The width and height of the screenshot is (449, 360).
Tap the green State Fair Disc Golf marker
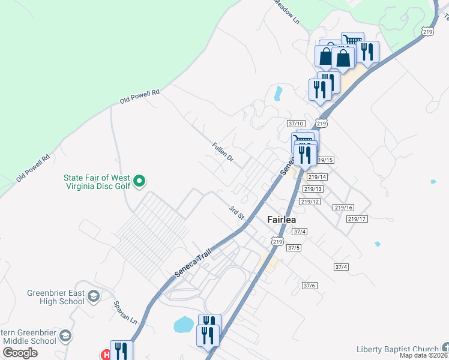139,180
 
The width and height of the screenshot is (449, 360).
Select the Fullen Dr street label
222,154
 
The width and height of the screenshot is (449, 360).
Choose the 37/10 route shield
296,124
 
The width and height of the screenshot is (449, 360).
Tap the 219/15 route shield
324,160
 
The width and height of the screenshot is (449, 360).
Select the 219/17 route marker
357,219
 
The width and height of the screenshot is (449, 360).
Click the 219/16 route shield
343,208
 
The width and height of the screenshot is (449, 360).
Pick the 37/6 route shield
310,286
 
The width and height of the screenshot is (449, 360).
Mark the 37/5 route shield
294,247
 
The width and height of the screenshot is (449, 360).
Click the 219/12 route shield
309,202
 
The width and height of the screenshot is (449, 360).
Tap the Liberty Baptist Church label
399,350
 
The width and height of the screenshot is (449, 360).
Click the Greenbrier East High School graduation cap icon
94,296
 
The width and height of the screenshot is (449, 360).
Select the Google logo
20,352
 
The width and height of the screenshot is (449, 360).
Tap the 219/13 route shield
313,189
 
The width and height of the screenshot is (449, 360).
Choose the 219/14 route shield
317,177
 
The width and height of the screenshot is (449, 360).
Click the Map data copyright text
424,356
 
